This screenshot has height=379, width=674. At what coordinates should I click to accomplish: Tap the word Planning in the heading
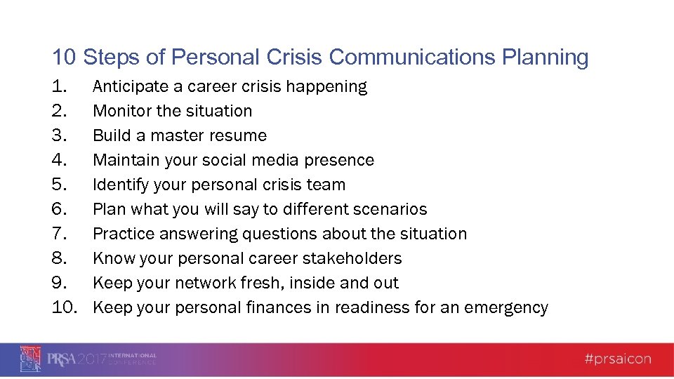[546, 57]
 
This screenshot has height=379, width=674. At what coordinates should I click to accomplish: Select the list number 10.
[65, 307]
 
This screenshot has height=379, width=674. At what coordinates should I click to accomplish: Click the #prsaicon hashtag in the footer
[618, 359]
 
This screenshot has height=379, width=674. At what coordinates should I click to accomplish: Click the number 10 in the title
[64, 57]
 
